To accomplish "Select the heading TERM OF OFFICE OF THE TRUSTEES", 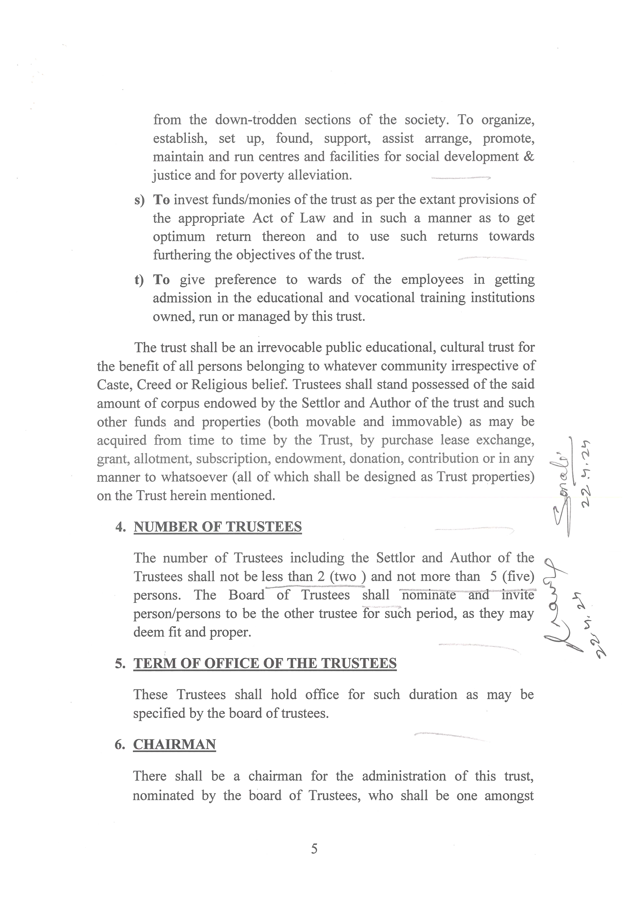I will [265, 663].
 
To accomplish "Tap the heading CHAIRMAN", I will [174, 744].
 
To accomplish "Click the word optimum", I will [179, 237].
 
